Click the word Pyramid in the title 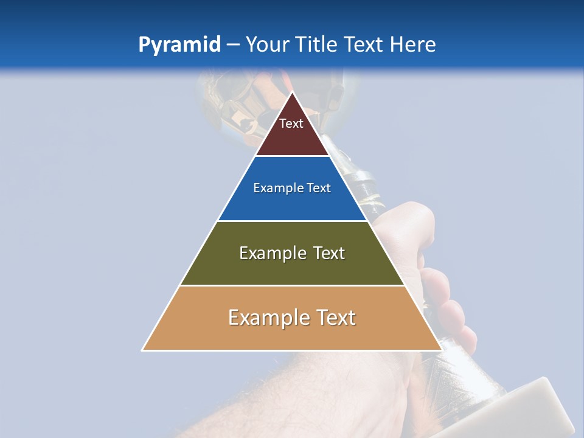pos(179,45)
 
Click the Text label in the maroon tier pos(291,123)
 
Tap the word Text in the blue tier pos(319,189)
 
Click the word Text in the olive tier pos(329,253)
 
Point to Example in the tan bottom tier pos(266,318)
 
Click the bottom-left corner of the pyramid pos(143,350)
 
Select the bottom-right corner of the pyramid pos(441,350)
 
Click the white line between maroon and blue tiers pos(292,156)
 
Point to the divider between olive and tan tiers pos(292,285)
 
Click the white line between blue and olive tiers pos(292,221)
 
